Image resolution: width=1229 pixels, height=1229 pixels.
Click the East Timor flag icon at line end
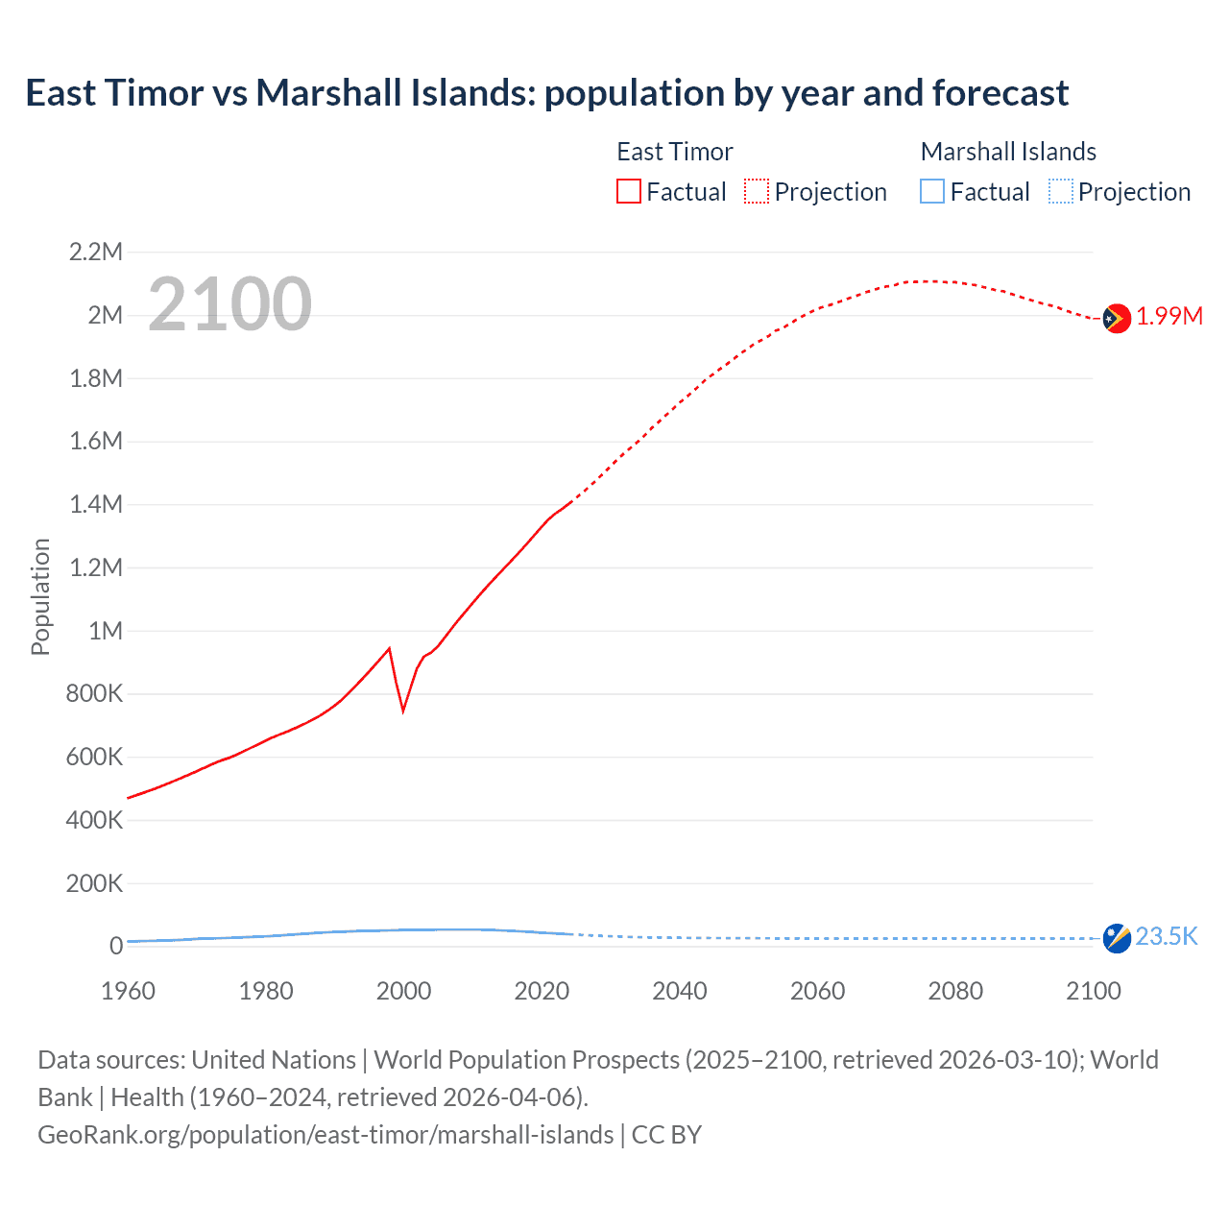click(1116, 318)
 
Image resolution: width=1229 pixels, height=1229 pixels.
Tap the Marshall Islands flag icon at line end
click(1117, 938)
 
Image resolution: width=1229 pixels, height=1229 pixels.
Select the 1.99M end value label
click(1169, 317)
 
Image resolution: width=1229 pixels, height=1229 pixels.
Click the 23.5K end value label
click(1167, 937)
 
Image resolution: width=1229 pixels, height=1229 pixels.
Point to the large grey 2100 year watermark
click(229, 304)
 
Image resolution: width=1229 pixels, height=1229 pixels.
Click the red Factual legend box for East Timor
click(628, 192)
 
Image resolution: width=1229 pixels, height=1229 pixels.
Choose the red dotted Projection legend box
click(757, 192)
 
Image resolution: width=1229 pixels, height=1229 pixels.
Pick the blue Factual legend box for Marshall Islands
click(932, 192)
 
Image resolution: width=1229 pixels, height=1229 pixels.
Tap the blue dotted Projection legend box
click(1061, 192)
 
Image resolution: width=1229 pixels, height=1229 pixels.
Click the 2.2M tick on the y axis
click(96, 253)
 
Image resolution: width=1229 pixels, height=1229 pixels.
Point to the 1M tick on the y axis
click(105, 631)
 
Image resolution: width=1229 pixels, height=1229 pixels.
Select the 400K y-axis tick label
click(94, 820)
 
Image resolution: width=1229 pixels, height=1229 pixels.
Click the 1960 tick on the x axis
click(128, 991)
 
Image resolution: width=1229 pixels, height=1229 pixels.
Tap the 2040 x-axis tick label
click(680, 991)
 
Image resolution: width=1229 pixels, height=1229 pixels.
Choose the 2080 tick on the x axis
click(955, 991)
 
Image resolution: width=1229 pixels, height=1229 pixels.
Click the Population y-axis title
click(40, 597)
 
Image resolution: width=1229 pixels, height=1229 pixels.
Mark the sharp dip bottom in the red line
click(403, 711)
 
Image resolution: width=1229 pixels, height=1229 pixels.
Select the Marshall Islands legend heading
click(1008, 152)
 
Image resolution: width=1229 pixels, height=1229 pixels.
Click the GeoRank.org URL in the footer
click(325, 1135)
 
